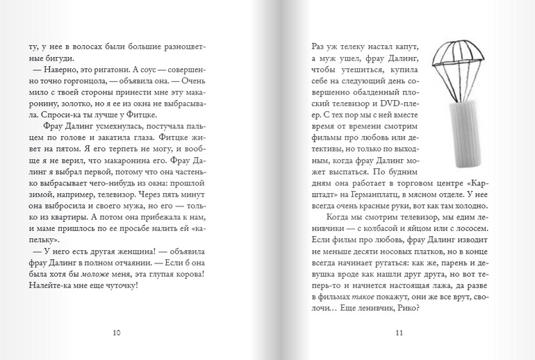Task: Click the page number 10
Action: click(116, 332)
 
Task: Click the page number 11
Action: click(399, 332)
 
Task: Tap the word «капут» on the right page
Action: click(393, 46)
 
